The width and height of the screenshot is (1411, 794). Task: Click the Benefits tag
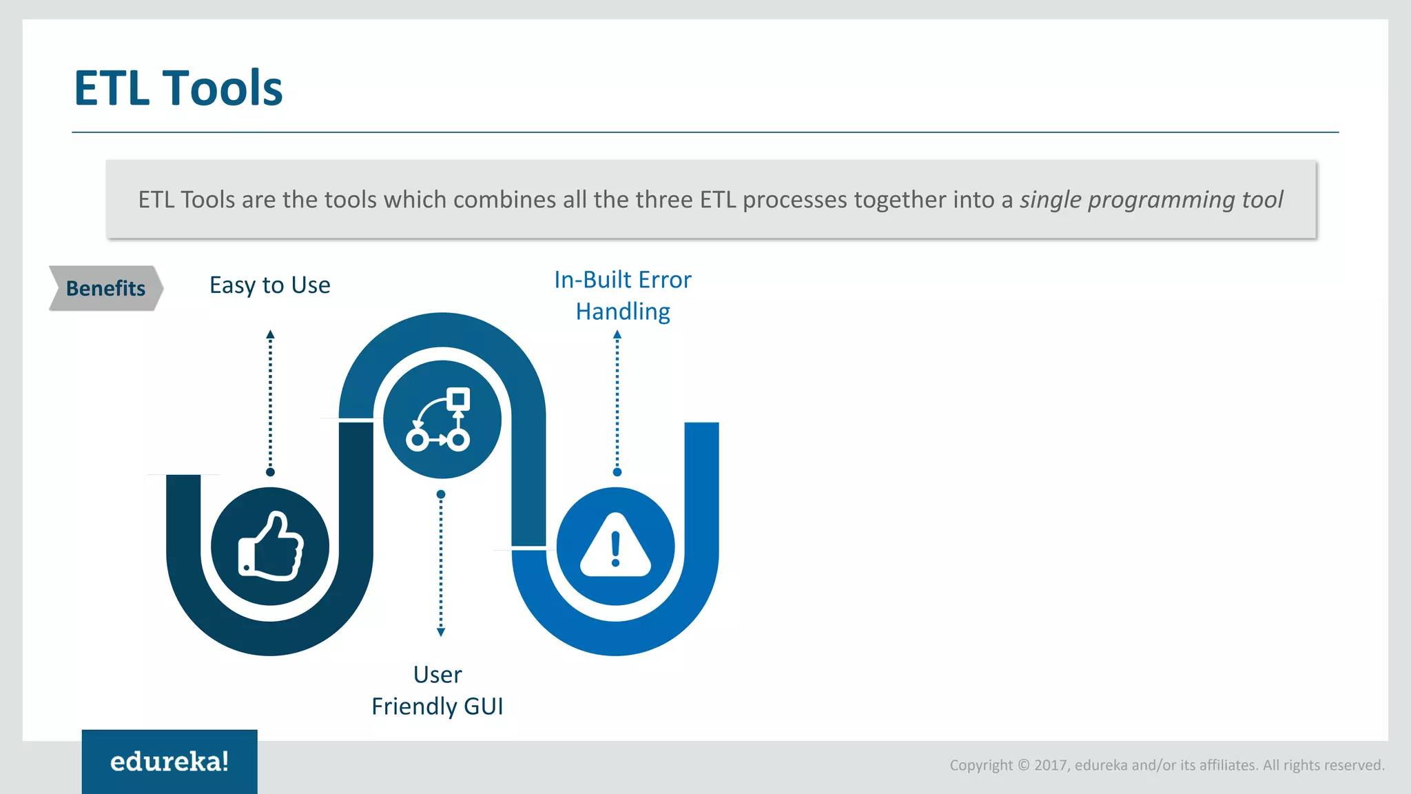[x=105, y=288]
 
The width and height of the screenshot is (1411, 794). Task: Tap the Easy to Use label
[x=269, y=285]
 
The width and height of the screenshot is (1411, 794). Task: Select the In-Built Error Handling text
[x=623, y=295]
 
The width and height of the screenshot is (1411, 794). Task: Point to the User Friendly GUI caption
[x=437, y=690]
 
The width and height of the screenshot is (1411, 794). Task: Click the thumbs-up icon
[x=270, y=547]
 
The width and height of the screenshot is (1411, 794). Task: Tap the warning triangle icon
[x=615, y=546]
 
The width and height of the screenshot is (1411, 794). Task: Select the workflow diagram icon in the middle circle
[x=441, y=420]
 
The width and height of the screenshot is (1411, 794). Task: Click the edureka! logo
[x=169, y=762]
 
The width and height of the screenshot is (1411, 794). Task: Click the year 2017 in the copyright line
[x=1050, y=765]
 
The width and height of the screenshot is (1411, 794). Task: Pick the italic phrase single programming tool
[x=1151, y=199]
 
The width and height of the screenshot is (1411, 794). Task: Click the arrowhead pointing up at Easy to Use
[x=270, y=334]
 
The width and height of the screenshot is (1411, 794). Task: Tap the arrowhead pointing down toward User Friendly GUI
[x=441, y=632]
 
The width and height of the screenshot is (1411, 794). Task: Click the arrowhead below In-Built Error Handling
[x=617, y=334]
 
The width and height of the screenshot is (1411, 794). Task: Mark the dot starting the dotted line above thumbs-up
[x=270, y=472]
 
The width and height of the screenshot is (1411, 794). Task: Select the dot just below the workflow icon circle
[x=441, y=494]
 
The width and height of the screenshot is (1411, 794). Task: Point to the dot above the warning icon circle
[x=617, y=472]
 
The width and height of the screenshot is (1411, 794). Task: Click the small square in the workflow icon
[x=458, y=399]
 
